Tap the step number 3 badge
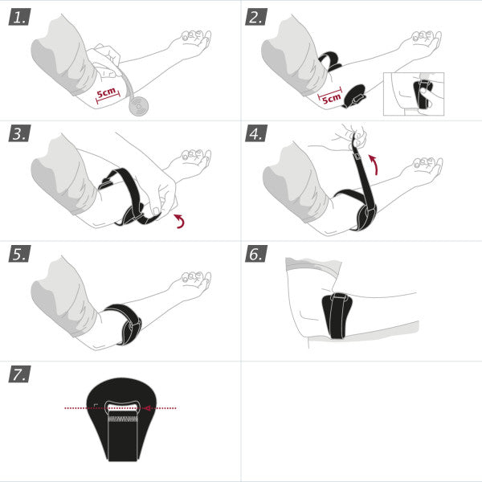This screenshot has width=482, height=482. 19,133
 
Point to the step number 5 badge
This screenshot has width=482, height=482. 19,254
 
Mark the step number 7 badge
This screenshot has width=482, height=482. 19,374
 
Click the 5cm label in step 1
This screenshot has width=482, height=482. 107,94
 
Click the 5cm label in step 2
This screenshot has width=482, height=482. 330,97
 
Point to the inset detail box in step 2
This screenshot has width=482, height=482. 414,93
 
